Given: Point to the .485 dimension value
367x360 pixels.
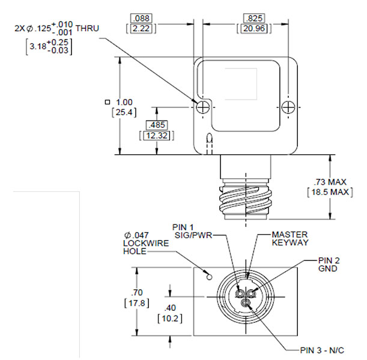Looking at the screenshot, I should click(x=156, y=125).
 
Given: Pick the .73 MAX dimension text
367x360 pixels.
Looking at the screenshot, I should click(x=330, y=182).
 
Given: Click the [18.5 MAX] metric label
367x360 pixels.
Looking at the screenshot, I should click(x=330, y=192).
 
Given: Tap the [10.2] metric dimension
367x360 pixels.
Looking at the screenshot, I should click(x=170, y=318).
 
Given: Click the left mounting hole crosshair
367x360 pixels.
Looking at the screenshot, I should click(x=204, y=107).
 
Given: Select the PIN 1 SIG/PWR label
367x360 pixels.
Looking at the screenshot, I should click(x=190, y=232).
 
